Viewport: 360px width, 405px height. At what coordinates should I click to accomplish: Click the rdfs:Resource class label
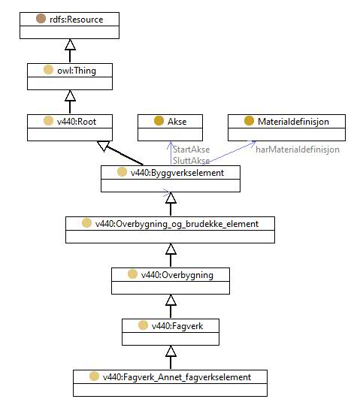pyautogui.click(x=76, y=20)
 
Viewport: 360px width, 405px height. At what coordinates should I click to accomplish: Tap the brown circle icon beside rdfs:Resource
pyautogui.click(x=41, y=19)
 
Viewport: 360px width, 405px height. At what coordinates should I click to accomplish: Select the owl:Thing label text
pyautogui.click(x=77, y=71)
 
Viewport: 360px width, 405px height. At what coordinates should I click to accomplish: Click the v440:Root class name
pyautogui.click(x=77, y=122)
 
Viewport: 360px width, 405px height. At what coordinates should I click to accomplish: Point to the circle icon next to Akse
pyautogui.click(x=159, y=121)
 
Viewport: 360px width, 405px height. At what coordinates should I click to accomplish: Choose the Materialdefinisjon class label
pyautogui.click(x=293, y=122)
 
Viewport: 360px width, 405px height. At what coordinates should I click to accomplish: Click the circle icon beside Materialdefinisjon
pyautogui.click(x=249, y=121)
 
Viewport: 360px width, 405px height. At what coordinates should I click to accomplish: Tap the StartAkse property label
pyautogui.click(x=191, y=150)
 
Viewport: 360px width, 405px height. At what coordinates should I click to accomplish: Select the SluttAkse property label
pyautogui.click(x=191, y=160)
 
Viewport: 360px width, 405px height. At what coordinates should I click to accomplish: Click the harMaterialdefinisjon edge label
pyautogui.click(x=298, y=150)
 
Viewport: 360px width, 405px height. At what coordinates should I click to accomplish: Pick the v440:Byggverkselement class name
pyautogui.click(x=177, y=173)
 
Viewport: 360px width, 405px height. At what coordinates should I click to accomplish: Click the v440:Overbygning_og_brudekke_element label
pyautogui.click(x=177, y=224)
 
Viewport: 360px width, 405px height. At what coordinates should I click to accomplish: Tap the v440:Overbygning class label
pyautogui.click(x=177, y=275)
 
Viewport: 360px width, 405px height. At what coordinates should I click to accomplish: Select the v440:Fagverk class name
pyautogui.click(x=177, y=326)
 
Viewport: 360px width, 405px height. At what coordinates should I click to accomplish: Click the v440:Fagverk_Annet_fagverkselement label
pyautogui.click(x=177, y=377)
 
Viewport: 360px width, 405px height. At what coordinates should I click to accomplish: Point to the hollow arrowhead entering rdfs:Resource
pyautogui.click(x=70, y=44)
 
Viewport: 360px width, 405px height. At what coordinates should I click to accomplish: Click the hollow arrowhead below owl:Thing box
pyautogui.click(x=70, y=95)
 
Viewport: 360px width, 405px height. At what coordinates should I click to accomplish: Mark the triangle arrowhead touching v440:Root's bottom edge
pyautogui.click(x=104, y=146)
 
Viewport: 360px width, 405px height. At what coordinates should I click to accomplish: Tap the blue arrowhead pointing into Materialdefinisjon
pyautogui.click(x=253, y=144)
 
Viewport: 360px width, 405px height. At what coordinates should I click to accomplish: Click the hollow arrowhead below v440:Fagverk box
pyautogui.click(x=171, y=351)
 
